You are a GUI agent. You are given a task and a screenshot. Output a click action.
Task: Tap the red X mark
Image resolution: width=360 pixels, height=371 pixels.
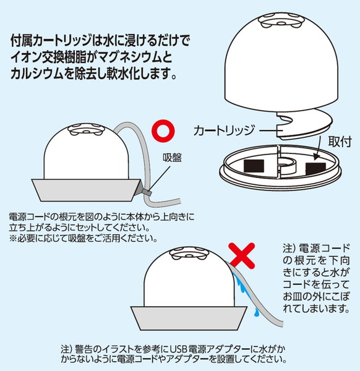click(x=242, y=255)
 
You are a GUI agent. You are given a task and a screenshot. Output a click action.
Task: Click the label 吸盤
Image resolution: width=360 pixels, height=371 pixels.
click(x=172, y=157)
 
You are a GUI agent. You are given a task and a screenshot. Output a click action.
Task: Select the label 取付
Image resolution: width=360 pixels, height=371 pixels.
click(x=340, y=142)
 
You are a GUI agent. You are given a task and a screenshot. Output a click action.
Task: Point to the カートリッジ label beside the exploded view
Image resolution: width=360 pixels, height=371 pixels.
click(x=224, y=130)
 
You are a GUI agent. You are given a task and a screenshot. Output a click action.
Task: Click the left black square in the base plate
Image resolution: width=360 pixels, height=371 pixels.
click(x=254, y=166)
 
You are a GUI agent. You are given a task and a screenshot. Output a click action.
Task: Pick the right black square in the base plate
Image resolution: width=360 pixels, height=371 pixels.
click(x=315, y=168)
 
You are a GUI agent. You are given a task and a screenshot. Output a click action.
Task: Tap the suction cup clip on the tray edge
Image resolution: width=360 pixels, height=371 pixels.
click(x=145, y=192)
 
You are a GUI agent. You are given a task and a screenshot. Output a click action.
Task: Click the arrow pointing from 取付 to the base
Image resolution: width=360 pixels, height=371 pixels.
click(x=318, y=148)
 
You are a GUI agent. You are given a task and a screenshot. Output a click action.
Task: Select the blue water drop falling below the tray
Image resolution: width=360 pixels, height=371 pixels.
click(x=256, y=312)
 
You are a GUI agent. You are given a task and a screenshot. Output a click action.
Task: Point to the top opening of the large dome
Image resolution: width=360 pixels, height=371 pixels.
click(x=281, y=21)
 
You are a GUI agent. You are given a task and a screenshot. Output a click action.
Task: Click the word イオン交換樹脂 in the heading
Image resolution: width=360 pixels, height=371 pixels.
click(x=49, y=57)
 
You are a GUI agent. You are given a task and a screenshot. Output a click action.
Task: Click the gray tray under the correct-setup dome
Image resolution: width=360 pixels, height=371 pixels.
click(x=86, y=190)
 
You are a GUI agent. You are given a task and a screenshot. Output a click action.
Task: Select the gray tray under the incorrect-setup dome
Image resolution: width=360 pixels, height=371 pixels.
click(x=189, y=318)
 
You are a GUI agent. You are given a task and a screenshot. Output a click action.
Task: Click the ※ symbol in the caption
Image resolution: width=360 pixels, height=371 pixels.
click(x=13, y=239)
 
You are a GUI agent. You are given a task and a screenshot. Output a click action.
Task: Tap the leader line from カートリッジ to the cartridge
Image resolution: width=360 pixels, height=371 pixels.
click(x=268, y=130)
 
